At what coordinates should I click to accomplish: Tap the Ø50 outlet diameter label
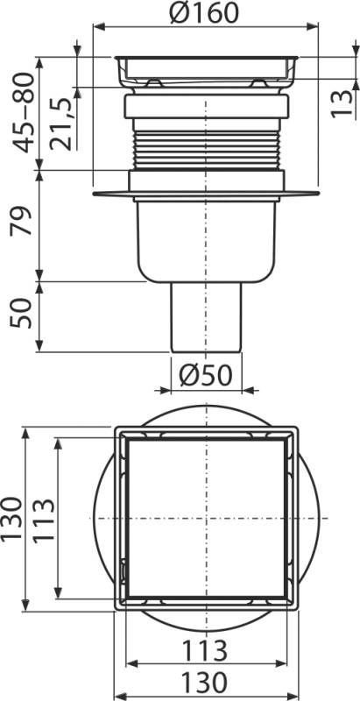pyautogui.click(x=207, y=375)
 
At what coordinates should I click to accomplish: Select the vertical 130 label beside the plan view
pyautogui.click(x=11, y=517)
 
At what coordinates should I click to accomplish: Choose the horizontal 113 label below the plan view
pyautogui.click(x=207, y=650)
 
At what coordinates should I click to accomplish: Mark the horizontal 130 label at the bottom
pyautogui.click(x=207, y=682)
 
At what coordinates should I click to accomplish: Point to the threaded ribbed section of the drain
pyautogui.click(x=207, y=145)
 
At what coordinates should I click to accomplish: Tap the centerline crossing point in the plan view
pyautogui.click(x=207, y=519)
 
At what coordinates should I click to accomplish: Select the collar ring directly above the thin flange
pyautogui.click(x=207, y=181)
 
